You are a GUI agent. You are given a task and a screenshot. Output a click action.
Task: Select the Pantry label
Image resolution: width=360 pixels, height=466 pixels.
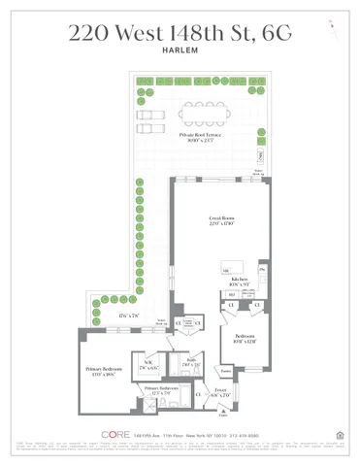click(224, 369)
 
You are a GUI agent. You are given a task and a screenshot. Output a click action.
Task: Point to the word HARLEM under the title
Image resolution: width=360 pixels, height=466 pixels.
click(180, 53)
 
